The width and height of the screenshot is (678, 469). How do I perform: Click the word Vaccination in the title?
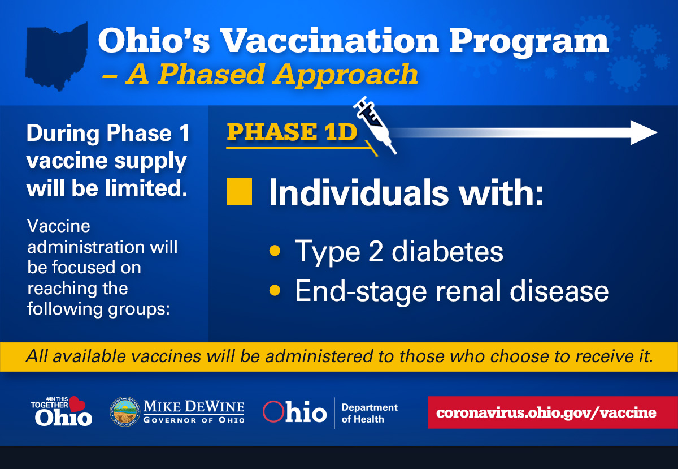point(329,40)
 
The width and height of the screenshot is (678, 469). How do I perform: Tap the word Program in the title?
point(528,43)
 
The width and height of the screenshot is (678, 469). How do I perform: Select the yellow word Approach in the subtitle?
point(345,75)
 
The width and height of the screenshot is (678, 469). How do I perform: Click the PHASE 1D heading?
point(292,132)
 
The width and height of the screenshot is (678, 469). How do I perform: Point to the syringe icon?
point(375,125)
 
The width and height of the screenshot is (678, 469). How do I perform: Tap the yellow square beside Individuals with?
point(239,192)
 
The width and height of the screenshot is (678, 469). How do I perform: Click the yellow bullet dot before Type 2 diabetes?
point(275,251)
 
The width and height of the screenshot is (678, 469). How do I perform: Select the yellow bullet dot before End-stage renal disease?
point(275,290)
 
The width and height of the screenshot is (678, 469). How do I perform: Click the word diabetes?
point(447,251)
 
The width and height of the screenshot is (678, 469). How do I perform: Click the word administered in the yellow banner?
point(319,356)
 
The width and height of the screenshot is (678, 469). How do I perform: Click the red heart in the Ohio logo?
point(77,404)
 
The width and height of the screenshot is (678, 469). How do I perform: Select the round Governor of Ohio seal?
point(125,412)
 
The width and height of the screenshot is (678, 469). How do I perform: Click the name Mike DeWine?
point(194,406)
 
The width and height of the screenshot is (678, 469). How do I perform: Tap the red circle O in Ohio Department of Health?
point(273,411)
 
